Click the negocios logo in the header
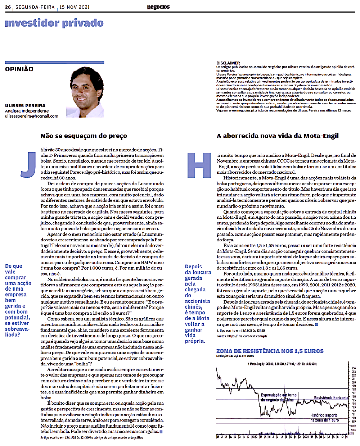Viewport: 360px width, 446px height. click(x=158, y=7)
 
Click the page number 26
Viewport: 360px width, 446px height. click(x=8, y=7)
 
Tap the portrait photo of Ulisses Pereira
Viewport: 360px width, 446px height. click(x=85, y=91)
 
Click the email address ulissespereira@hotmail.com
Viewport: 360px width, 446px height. click(x=32, y=116)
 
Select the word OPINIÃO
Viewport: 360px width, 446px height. click(x=19, y=69)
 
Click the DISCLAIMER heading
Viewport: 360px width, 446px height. click(x=228, y=63)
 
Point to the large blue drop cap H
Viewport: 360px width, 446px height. click(x=199, y=165)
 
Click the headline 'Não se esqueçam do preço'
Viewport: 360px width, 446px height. click(x=84, y=136)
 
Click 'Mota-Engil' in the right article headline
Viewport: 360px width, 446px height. click(x=321, y=136)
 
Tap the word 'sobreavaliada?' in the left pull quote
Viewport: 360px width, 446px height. click(x=17, y=332)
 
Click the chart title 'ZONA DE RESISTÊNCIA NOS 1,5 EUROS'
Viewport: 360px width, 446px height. click(x=270, y=351)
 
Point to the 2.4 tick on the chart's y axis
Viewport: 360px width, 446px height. click(x=354, y=368)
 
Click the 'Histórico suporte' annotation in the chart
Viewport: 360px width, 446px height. click(x=324, y=415)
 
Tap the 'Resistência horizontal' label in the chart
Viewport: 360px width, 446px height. click(x=331, y=398)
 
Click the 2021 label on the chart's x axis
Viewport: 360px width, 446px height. click(x=306, y=437)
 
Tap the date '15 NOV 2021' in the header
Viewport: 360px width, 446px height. click(x=75, y=7)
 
